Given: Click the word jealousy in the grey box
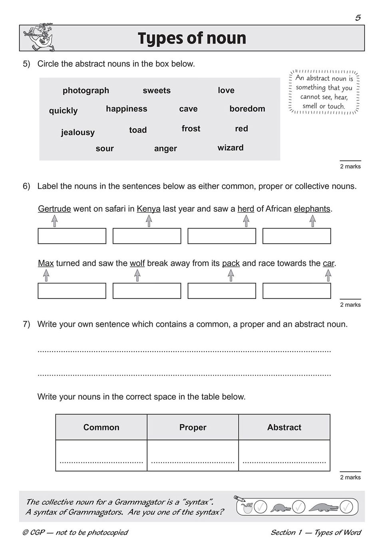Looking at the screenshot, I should coord(78,132).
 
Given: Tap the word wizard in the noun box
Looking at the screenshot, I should coord(230,148).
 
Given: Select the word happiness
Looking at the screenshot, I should coord(126,109).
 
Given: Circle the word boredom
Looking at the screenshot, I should coord(247,109).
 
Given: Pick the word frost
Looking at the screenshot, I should coord(191,128).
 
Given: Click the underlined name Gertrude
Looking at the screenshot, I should coord(54,209).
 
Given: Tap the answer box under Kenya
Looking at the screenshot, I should coord(147,236).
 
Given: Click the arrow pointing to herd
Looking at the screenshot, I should coord(246,221).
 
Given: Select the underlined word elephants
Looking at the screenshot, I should coord(312,209).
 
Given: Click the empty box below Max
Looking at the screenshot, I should coord(72,291).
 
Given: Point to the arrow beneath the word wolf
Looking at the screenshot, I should coord(137,275).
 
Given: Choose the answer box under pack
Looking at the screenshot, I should coord(221,291).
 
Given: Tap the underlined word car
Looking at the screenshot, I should coord(328,263).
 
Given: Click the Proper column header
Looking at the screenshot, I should coord(193,427).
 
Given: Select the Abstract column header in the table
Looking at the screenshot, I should coord(284,427).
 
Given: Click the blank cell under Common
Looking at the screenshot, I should coord(101,455).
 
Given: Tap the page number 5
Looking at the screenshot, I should coord(358,18).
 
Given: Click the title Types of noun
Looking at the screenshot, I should coord(192,38).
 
